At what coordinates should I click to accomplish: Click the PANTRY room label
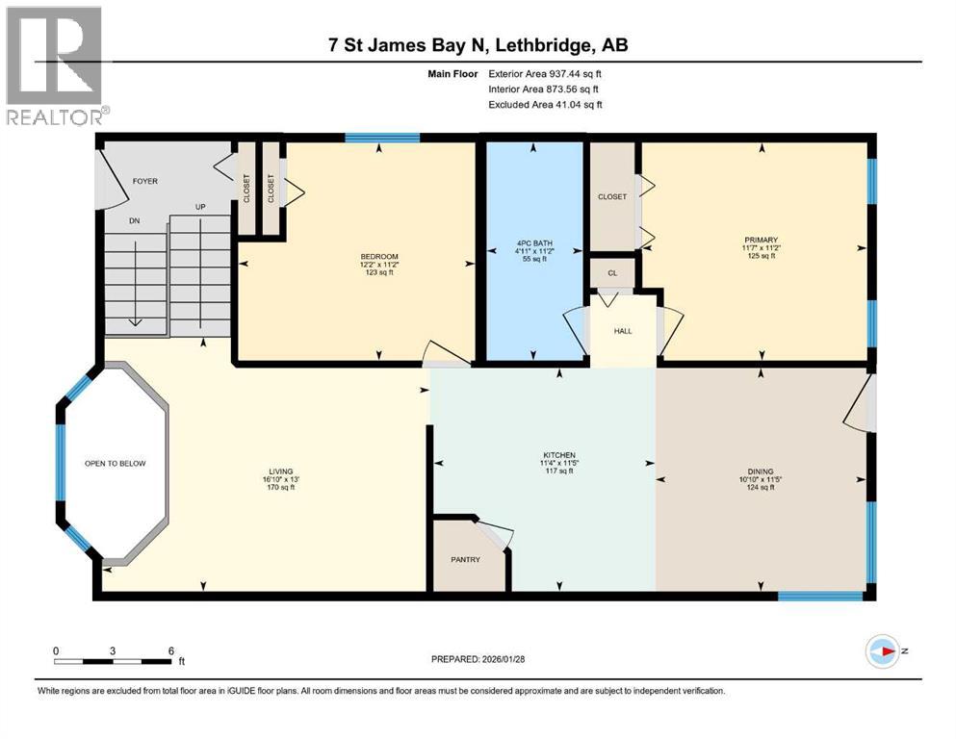[x=465, y=559]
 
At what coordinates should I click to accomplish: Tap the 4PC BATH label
[x=534, y=243]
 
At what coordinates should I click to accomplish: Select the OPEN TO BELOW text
[x=116, y=464]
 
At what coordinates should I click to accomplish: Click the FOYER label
[x=145, y=181]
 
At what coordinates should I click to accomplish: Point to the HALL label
[x=623, y=331]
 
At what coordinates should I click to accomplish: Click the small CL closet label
[x=612, y=273]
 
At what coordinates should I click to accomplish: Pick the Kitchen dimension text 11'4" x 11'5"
[x=559, y=463]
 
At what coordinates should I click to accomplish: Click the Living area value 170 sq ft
[x=281, y=488]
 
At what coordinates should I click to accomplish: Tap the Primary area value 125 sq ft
[x=761, y=256]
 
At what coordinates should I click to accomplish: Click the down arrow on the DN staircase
[x=136, y=278]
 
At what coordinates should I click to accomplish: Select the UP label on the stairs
[x=200, y=207]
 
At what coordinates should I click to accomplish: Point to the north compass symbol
[x=882, y=651]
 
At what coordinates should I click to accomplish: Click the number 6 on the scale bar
[x=171, y=650]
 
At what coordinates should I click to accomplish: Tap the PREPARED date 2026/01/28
[x=503, y=659]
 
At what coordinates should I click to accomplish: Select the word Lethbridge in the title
[x=544, y=45]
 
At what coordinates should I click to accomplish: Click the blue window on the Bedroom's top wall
[x=382, y=137]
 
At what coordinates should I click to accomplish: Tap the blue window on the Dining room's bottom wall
[x=820, y=596]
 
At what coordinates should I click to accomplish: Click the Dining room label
[x=761, y=471]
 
